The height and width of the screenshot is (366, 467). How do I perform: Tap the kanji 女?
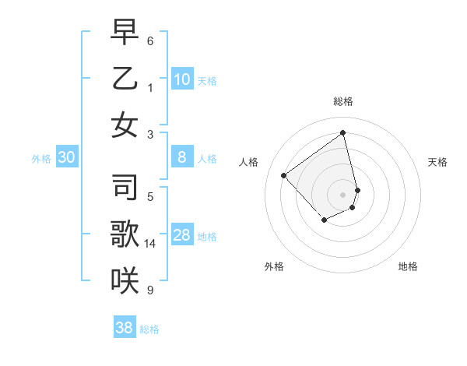click(124, 125)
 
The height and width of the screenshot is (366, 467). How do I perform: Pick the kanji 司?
click(124, 187)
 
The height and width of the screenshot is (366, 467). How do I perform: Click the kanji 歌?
click(124, 234)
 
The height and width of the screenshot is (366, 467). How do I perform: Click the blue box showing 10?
click(182, 79)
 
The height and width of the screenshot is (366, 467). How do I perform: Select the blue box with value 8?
click(182, 157)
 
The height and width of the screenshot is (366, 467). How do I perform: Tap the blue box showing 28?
click(182, 235)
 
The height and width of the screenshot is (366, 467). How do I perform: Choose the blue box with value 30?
click(66, 157)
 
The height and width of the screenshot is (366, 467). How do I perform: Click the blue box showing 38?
click(125, 328)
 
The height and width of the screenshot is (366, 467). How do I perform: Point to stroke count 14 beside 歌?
click(150, 244)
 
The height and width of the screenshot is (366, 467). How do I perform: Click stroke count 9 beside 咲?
click(150, 290)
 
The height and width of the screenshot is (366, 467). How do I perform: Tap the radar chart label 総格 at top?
click(343, 101)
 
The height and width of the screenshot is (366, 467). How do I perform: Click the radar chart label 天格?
click(438, 162)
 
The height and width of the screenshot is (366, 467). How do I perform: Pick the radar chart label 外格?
click(274, 266)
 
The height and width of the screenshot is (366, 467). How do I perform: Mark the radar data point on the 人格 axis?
click(284, 176)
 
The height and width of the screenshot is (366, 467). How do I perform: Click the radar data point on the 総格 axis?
click(343, 132)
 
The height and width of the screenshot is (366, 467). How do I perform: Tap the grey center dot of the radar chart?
click(343, 195)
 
